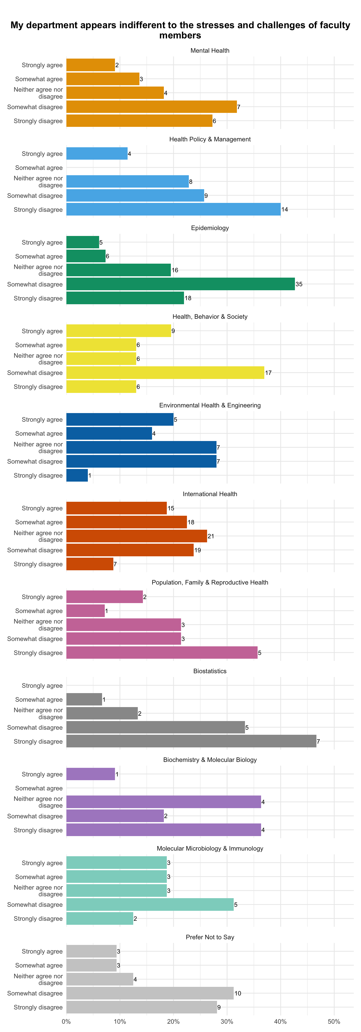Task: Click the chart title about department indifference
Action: pyautogui.click(x=180, y=30)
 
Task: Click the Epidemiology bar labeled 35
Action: pyautogui.click(x=180, y=284)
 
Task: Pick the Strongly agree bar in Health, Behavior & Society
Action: pyautogui.click(x=118, y=331)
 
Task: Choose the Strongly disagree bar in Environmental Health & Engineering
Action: pyautogui.click(x=77, y=475)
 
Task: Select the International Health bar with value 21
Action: pyautogui.click(x=136, y=536)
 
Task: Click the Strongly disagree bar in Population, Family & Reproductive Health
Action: pyautogui.click(x=162, y=653)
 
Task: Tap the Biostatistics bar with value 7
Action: pyautogui.click(x=191, y=741)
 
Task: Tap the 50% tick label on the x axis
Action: pyautogui.click(x=334, y=1022)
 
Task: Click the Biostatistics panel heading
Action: pyautogui.click(x=210, y=671)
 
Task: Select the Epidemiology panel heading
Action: pyautogui.click(x=210, y=228)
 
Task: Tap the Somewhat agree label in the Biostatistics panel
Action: pyautogui.click(x=39, y=700)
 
